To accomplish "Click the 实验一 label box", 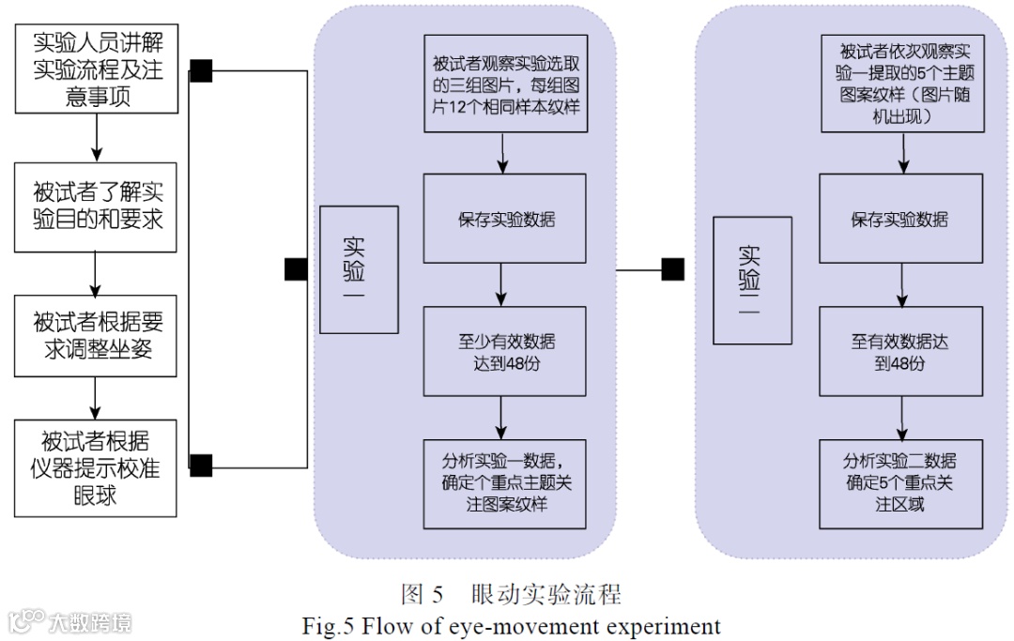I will [x=359, y=270].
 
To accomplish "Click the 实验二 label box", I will [x=752, y=281].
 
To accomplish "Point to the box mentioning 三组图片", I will [x=505, y=84].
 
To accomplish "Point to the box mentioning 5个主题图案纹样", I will [x=899, y=84].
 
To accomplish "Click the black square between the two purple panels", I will [x=672, y=269].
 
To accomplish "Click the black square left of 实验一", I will [x=296, y=269].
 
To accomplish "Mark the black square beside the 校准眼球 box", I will [x=201, y=464].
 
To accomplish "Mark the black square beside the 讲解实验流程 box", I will [x=201, y=71].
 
